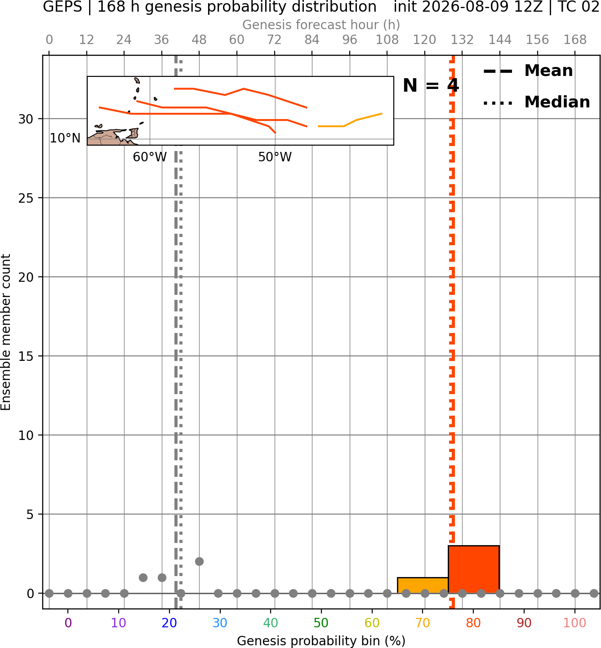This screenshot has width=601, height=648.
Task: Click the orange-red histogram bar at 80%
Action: [473, 569]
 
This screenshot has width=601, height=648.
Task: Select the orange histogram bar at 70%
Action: [423, 585]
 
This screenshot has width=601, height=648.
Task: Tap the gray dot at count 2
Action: [199, 562]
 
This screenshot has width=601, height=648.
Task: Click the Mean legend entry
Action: [528, 71]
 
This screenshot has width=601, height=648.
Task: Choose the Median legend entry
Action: [536, 102]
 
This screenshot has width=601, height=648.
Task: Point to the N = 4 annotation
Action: [431, 85]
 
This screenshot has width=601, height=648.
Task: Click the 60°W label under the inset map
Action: [150, 157]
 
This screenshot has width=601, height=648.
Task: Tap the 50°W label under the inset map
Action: [275, 157]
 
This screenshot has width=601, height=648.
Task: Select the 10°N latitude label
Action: [65, 138]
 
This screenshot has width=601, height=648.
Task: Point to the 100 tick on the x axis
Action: [574, 623]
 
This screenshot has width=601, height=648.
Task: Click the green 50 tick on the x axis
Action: [321, 623]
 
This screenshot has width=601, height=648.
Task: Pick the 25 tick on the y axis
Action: [26, 198]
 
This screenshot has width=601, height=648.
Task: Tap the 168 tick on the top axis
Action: [575, 40]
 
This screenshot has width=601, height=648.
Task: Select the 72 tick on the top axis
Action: [274, 40]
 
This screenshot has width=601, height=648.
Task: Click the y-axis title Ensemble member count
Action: [5, 332]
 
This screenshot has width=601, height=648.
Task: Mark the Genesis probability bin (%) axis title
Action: [321, 641]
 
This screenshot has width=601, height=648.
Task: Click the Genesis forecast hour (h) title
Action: [321, 25]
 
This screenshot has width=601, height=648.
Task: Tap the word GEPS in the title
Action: [62, 7]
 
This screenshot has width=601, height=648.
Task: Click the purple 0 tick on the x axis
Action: [68, 623]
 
